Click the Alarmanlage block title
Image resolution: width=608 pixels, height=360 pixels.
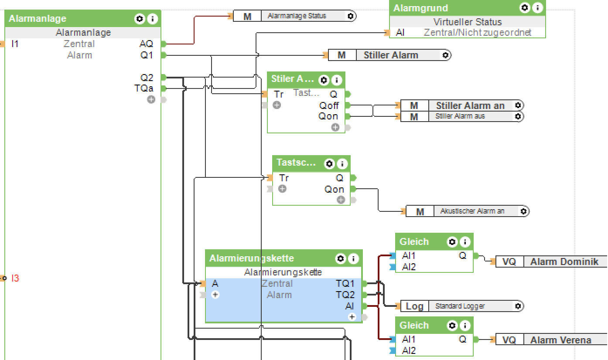pos(38,19)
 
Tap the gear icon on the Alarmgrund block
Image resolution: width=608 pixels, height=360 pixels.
pos(525,8)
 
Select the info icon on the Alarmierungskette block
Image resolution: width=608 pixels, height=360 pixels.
pos(353,258)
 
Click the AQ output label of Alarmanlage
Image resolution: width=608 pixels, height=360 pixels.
pos(146,44)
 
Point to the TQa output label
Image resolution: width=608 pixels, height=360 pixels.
pos(144,88)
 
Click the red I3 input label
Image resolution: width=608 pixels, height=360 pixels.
pos(15,278)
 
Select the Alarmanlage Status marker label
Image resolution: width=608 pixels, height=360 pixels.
pos(297,16)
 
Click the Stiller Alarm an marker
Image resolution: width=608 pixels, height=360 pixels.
pos(470,105)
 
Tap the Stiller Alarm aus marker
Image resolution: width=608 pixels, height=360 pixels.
pos(460,116)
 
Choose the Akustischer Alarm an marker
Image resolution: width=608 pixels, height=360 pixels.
pos(472,211)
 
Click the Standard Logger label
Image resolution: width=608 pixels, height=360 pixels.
pos(460,306)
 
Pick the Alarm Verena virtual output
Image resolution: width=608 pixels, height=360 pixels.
pos(560,340)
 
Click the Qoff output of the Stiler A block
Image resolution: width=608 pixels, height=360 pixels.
pos(329,105)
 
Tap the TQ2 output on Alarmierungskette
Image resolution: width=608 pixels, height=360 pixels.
pos(345,295)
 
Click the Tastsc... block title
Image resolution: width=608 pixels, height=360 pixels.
pos(296,163)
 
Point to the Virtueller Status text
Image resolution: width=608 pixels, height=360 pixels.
pos(467,22)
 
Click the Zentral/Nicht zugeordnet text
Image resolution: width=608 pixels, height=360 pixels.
pos(477,33)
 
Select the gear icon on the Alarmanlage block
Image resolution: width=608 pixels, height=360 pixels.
pos(140,19)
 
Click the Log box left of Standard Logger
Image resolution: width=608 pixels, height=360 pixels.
pos(414,306)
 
